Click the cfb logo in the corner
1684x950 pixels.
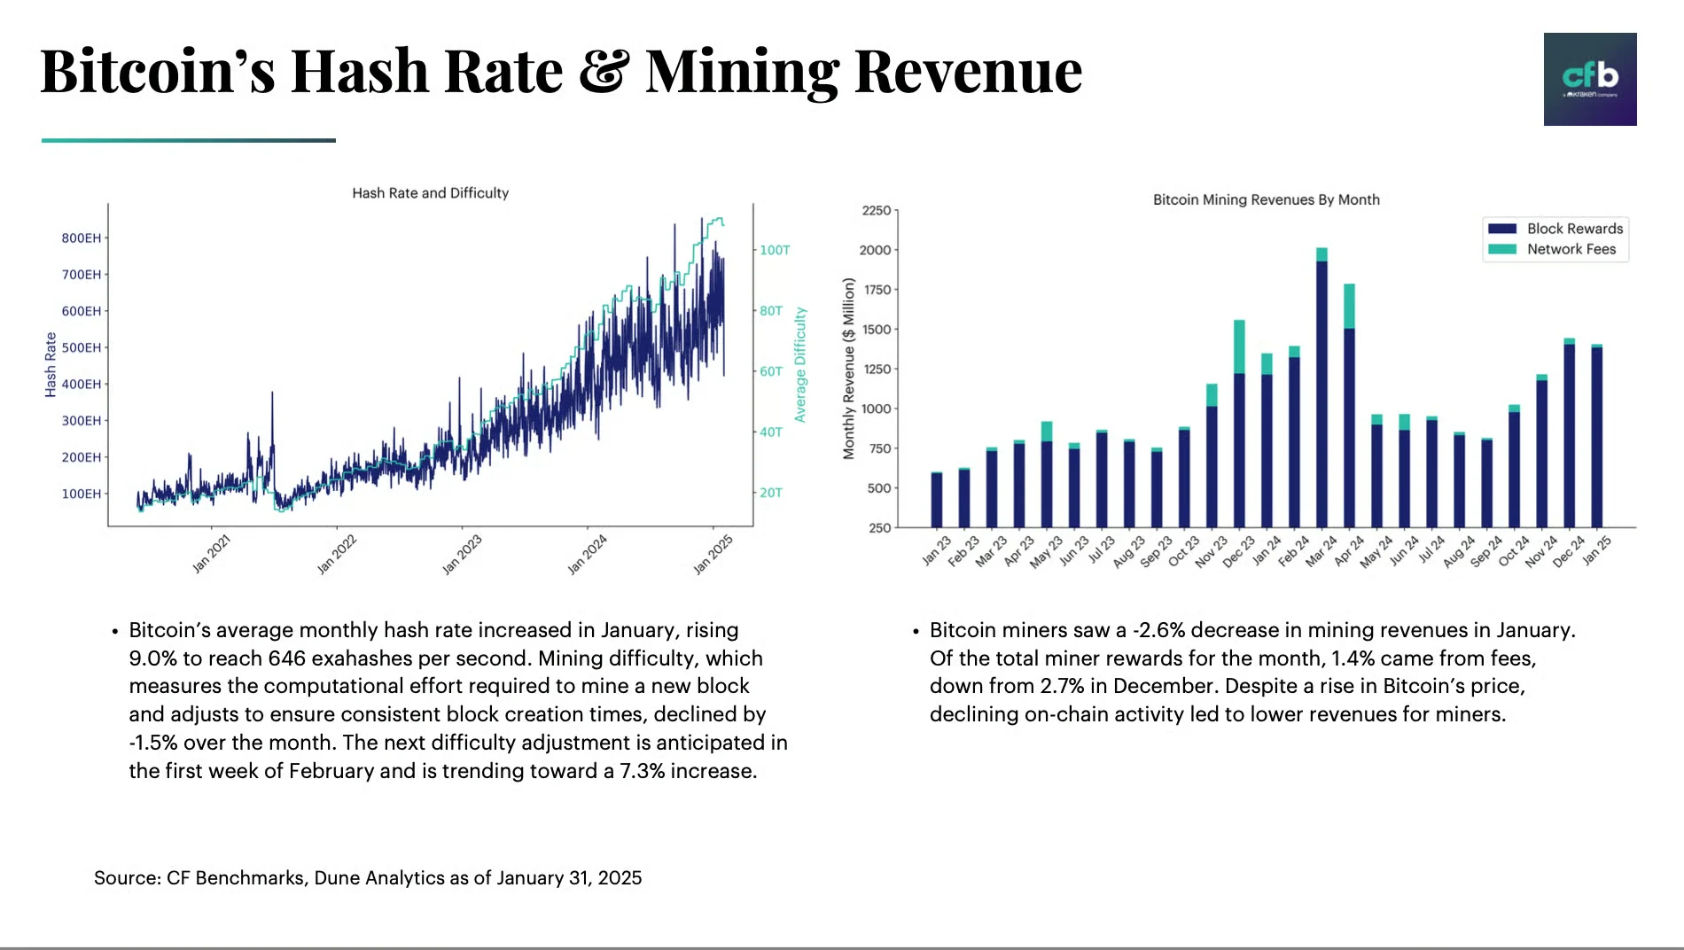click(x=1589, y=79)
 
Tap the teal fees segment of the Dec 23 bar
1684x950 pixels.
click(x=1239, y=347)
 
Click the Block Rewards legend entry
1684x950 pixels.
click(x=1556, y=229)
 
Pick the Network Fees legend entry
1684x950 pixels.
click(x=1556, y=250)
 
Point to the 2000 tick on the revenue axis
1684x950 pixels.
click(x=875, y=250)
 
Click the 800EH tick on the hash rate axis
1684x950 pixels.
click(x=81, y=238)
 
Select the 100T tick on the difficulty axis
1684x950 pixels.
click(x=775, y=251)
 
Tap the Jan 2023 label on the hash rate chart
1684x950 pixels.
click(x=462, y=554)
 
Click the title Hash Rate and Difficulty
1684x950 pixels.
click(x=430, y=193)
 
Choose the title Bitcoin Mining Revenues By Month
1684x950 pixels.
click(x=1266, y=200)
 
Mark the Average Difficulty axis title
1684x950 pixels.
click(x=800, y=364)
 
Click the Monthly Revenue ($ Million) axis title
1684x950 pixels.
click(x=849, y=369)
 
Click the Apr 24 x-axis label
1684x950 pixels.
click(x=1350, y=550)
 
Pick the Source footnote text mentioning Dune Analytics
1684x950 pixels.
click(x=368, y=878)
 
